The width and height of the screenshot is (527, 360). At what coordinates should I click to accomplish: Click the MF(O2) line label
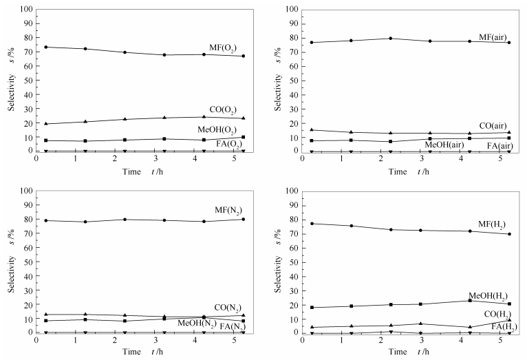[x=224, y=47]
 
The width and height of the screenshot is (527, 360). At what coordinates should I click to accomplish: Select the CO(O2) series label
[x=225, y=109]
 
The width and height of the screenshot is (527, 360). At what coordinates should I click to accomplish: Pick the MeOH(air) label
[x=445, y=145]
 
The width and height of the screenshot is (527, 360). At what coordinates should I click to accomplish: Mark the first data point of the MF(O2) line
[x=45, y=47]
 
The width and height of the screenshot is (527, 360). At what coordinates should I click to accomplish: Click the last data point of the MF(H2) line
[x=510, y=234]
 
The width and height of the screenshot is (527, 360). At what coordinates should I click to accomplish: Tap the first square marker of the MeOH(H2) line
[x=312, y=307]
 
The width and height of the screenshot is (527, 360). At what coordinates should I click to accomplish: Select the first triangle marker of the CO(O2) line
[x=45, y=124]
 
